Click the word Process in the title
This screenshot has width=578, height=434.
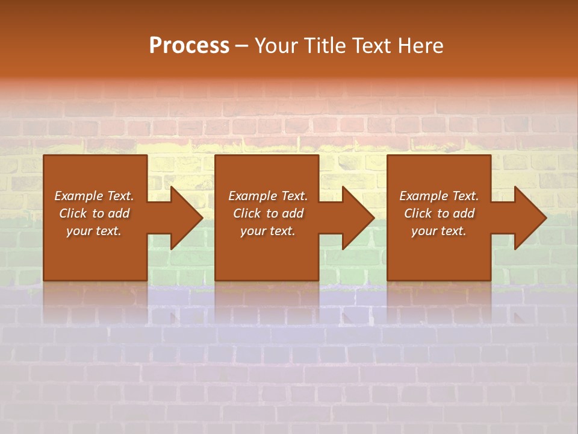[189, 46]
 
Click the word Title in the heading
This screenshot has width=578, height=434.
[324, 46]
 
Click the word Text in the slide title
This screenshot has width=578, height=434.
[371, 46]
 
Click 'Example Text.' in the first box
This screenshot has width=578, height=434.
[94, 196]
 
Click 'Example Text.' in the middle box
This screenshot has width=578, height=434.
[268, 196]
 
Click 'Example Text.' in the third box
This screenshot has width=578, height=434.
[439, 196]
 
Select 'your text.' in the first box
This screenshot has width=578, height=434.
[94, 231]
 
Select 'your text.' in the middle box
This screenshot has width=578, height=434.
[268, 231]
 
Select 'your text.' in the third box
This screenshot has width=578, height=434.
[439, 231]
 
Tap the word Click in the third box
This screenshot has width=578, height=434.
[418, 213]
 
